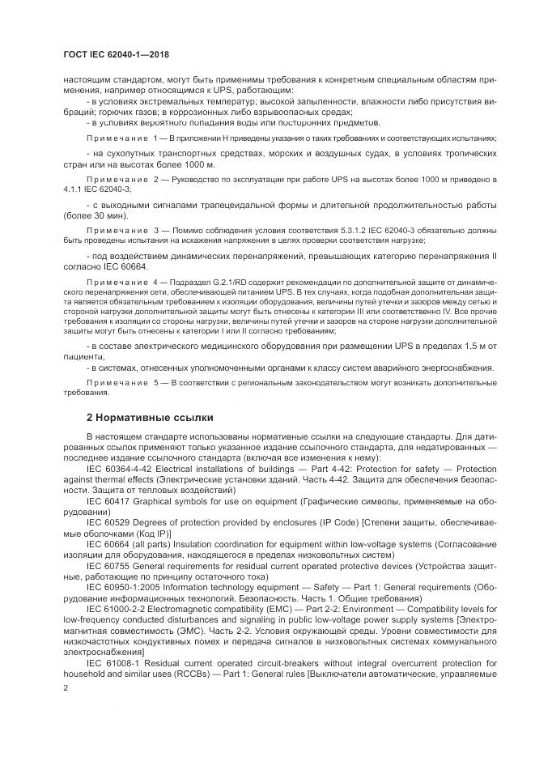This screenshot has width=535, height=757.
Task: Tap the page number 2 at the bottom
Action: [x=66, y=687]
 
